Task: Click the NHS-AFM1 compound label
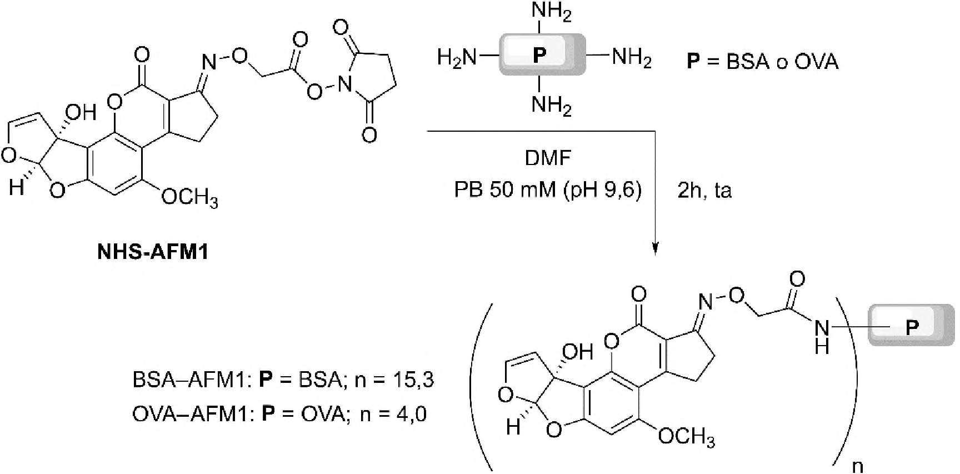(x=153, y=253)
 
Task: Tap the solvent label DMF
(x=548, y=158)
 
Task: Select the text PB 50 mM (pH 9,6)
(x=548, y=191)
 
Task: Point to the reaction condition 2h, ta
(x=704, y=191)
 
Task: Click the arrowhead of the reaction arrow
(x=656, y=248)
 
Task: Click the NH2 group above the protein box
(x=551, y=12)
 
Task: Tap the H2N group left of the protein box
(x=457, y=57)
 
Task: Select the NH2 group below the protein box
(x=551, y=105)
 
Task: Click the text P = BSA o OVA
(x=762, y=61)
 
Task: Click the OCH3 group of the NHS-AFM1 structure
(x=189, y=197)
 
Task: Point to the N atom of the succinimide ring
(x=346, y=84)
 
